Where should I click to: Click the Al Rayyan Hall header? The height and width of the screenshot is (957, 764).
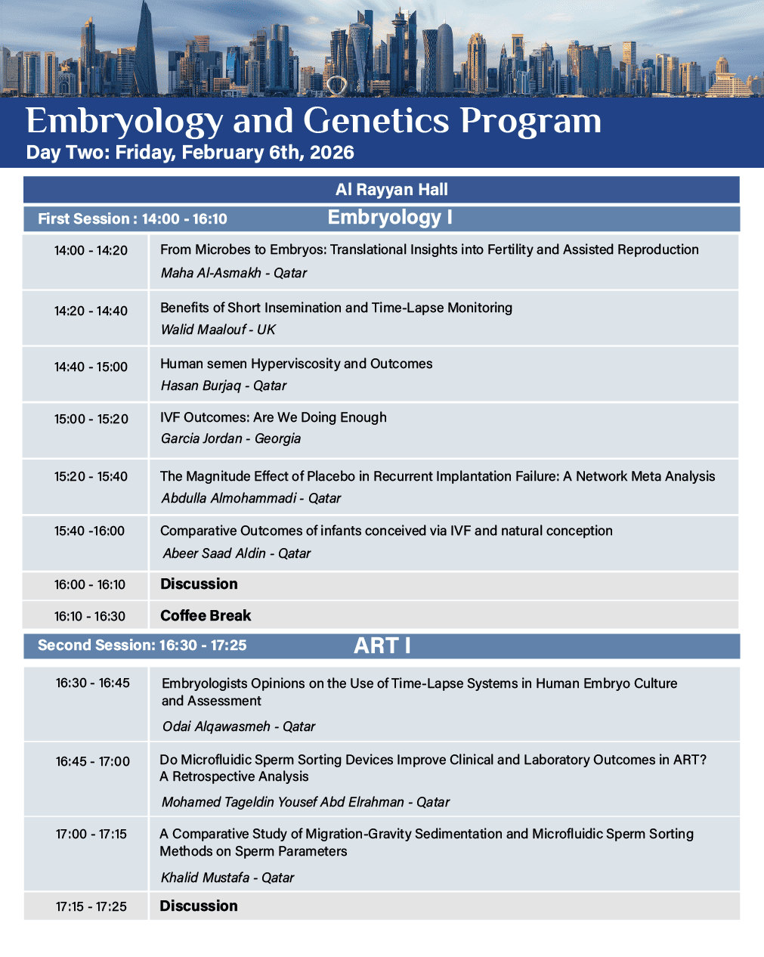(391, 190)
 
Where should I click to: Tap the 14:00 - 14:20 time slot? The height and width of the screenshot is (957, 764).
(91, 250)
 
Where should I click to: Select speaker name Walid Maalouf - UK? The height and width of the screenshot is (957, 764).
(218, 330)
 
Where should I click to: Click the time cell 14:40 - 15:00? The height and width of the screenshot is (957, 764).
(91, 367)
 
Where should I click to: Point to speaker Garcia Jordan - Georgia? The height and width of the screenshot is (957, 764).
(230, 438)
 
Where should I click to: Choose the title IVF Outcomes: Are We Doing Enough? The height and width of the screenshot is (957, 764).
(273, 417)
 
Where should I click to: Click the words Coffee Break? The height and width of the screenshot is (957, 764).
(206, 615)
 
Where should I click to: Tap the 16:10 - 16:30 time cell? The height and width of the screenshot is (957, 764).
(89, 616)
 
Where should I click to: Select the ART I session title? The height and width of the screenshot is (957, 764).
(382, 646)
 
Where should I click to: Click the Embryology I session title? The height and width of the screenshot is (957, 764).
(390, 218)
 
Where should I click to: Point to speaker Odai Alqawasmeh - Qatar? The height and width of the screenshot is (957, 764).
(238, 726)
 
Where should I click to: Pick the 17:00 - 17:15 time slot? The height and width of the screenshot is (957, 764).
(91, 834)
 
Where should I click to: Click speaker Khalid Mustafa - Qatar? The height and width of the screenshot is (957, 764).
(227, 878)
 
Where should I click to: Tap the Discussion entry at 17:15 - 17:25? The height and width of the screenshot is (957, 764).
(199, 906)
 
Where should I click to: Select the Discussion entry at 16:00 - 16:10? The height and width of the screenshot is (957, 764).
(199, 584)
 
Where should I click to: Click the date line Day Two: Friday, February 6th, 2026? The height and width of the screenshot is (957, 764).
(190, 153)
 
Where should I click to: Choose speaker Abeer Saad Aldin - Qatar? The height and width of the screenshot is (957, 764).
(237, 553)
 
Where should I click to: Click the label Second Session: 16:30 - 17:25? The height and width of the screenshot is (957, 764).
(142, 646)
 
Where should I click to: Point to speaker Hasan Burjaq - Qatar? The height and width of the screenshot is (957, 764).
(223, 386)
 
